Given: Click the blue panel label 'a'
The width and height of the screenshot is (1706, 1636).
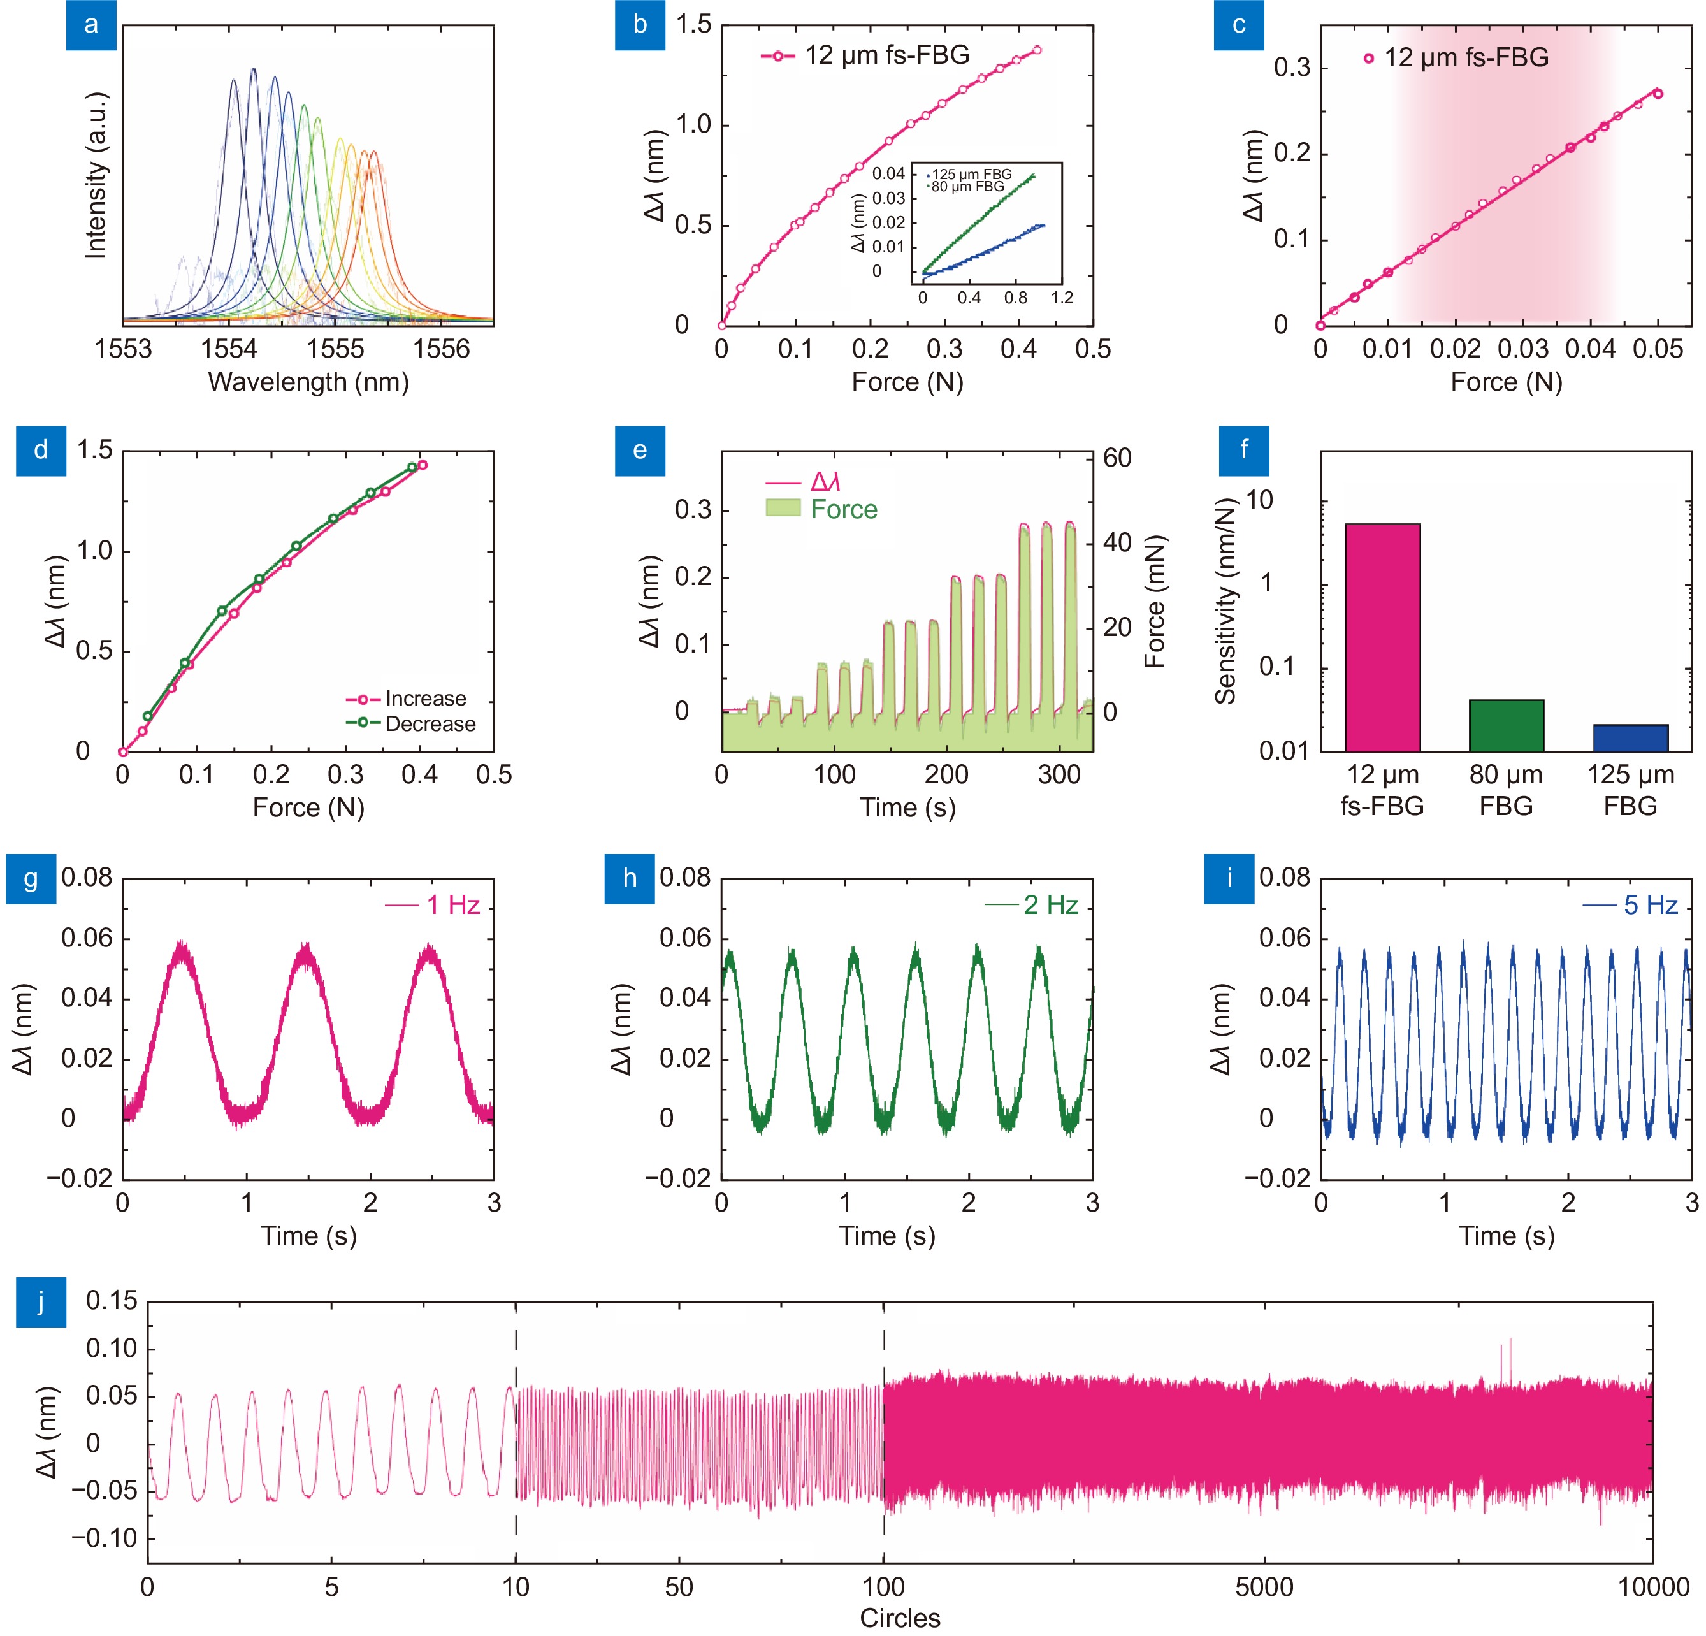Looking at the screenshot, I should [x=91, y=25].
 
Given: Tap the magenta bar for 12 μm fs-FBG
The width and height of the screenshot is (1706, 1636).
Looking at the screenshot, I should [x=1382, y=637].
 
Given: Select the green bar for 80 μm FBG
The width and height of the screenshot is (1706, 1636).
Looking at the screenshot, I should [x=1506, y=725].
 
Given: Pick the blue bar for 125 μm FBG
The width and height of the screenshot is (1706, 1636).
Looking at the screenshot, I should [x=1630, y=737].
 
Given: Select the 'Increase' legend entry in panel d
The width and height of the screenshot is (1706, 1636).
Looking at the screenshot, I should [x=426, y=699].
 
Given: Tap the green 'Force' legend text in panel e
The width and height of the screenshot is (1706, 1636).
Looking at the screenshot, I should [x=843, y=509].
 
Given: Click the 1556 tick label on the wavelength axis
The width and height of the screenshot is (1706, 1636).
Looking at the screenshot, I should [x=440, y=349].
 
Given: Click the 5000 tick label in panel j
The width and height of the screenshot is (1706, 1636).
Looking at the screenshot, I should [x=1264, y=1586].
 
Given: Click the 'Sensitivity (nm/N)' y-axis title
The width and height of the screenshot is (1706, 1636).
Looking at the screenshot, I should [x=1225, y=601].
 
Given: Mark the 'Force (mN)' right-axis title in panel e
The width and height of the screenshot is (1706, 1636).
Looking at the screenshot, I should [x=1154, y=601].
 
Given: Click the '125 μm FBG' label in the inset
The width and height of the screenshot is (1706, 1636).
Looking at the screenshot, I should [x=971, y=174].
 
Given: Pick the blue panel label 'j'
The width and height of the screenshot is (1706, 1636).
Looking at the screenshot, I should [x=41, y=1303].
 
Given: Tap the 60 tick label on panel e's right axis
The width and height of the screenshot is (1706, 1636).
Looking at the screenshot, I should [x=1118, y=458].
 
